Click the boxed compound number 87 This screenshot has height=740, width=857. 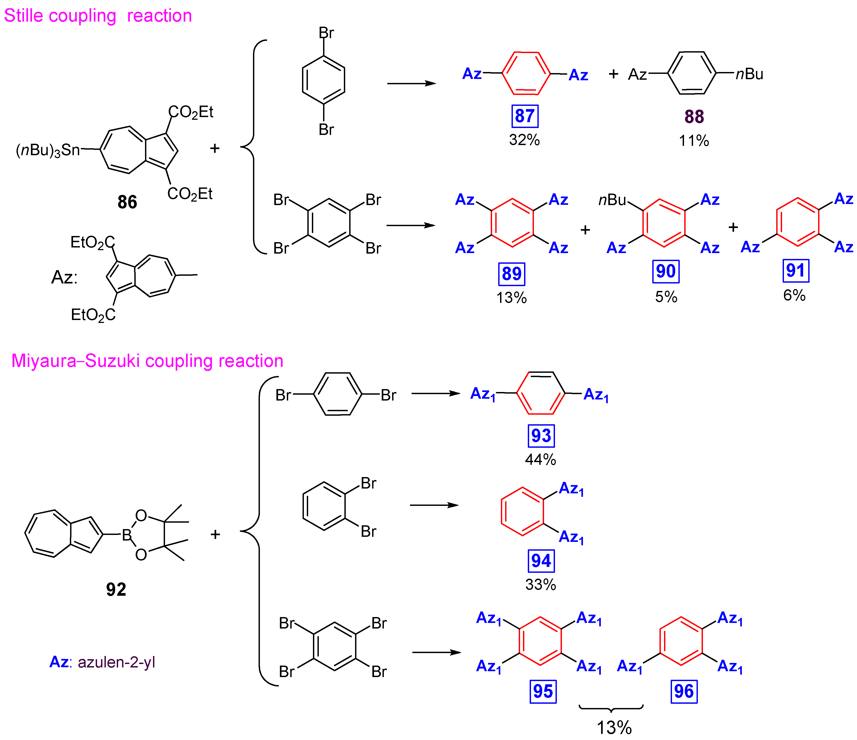coord(525,116)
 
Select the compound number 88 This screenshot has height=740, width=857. coord(694,117)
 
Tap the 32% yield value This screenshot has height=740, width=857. coord(524,140)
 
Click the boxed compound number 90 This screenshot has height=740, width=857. coord(666,271)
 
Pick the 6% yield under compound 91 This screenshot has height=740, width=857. coord(794,295)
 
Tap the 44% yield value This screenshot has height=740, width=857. coord(541,459)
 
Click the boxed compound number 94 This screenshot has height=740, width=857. coord(541,561)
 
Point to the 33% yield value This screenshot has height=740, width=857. coord(541,584)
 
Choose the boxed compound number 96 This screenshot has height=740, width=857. coord(684,691)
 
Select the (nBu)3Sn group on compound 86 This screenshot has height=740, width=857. coord(47,150)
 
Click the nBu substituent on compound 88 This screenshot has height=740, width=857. coord(750,74)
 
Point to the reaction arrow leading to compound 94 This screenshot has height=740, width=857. coord(434,505)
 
